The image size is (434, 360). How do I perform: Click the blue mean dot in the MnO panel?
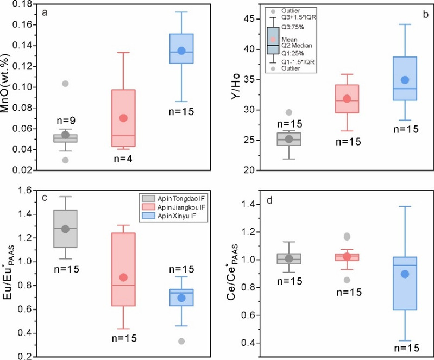click(x=181, y=50)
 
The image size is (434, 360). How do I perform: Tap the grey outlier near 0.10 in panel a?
click(x=65, y=84)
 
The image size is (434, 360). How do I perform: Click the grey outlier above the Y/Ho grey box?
click(x=289, y=112)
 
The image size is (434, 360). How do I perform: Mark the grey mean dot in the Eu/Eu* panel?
click(x=65, y=229)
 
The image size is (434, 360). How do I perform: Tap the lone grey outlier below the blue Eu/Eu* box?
click(x=181, y=341)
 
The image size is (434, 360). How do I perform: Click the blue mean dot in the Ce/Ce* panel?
click(x=404, y=274)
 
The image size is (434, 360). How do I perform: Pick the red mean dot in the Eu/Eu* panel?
click(x=123, y=277)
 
